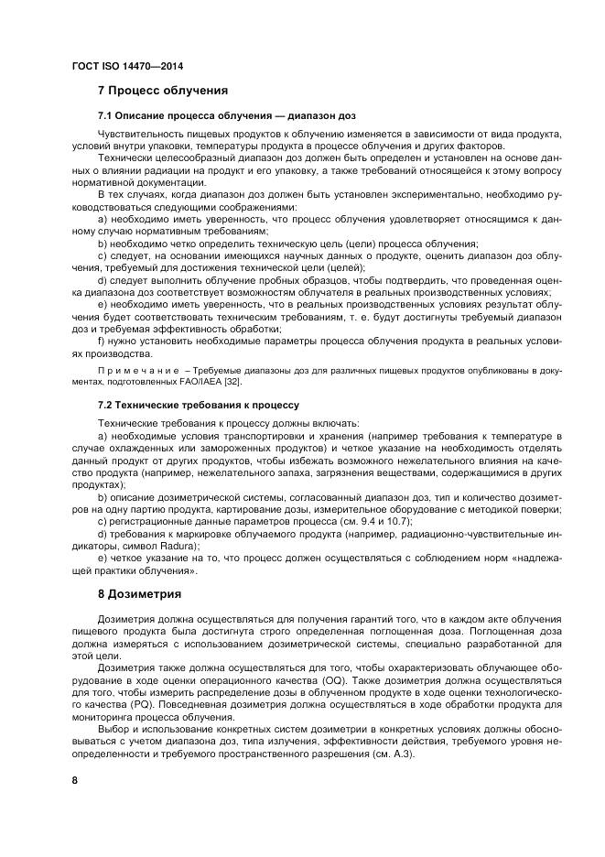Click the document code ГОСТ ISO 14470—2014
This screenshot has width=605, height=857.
[119, 68]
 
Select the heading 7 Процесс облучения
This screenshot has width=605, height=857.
[162, 92]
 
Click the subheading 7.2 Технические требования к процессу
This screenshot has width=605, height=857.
[199, 404]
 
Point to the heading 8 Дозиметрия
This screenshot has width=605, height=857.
[139, 594]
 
